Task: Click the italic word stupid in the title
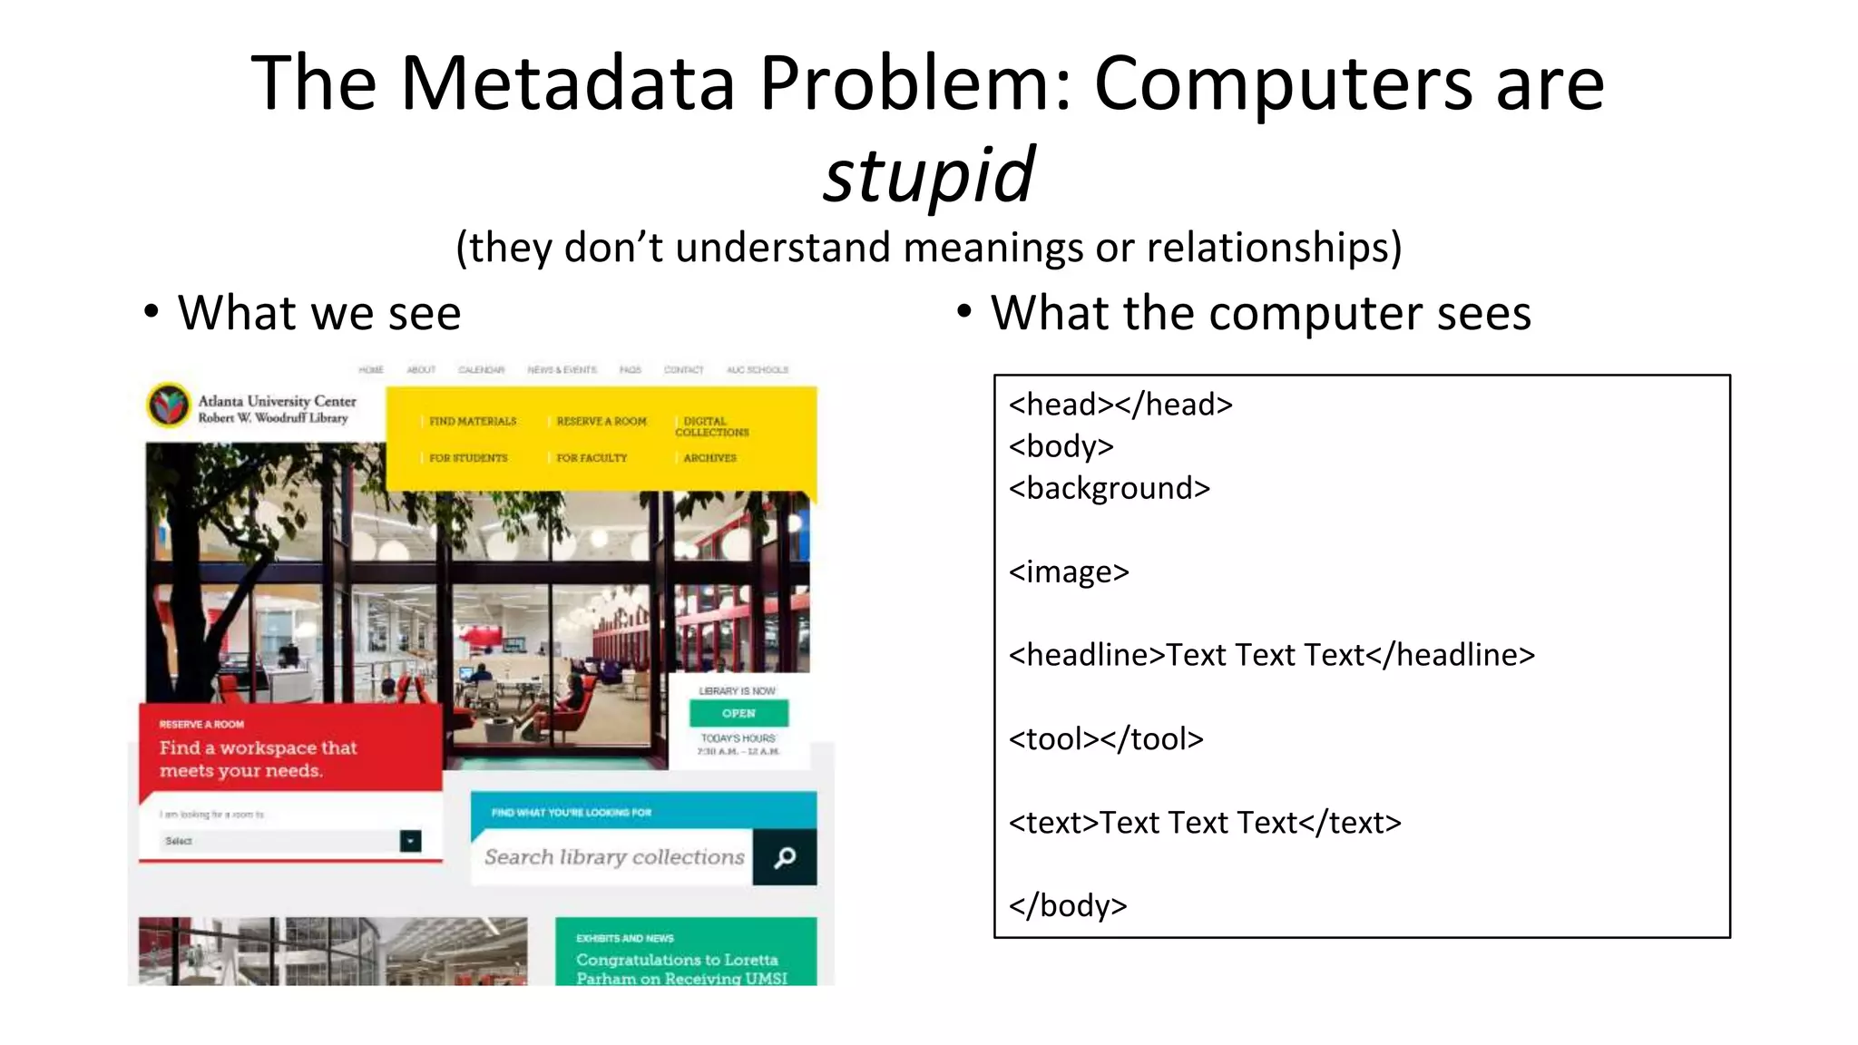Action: (928, 174)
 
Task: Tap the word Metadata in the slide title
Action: (567, 83)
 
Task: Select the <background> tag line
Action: (1109, 488)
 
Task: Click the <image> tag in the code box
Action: (1069, 571)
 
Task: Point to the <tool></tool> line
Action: (1106, 738)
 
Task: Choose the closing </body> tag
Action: (1068, 905)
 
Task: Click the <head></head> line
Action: (1120, 405)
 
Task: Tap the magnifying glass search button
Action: (785, 857)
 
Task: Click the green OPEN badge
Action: (738, 713)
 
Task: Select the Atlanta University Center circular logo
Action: (169, 405)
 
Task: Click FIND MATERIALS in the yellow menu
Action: (473, 422)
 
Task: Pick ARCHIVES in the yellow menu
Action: (710, 458)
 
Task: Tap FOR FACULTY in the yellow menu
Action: (592, 458)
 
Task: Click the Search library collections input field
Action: (613, 857)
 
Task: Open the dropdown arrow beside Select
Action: (410, 841)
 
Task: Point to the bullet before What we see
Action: (152, 312)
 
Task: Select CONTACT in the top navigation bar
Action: (683, 370)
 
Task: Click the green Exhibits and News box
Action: (686, 952)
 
